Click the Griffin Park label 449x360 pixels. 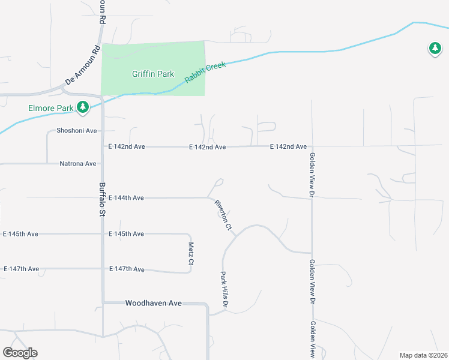pyautogui.click(x=153, y=74)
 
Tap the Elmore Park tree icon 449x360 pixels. pyautogui.click(x=83, y=107)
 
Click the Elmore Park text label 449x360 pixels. pyautogui.click(x=50, y=108)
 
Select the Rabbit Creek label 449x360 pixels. pyautogui.click(x=205, y=73)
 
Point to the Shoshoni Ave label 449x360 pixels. pyautogui.click(x=76, y=131)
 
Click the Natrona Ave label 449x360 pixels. pyautogui.click(x=78, y=163)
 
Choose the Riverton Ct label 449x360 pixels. pyautogui.click(x=223, y=215)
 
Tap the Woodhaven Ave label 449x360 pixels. pyautogui.click(x=153, y=304)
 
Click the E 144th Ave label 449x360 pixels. pyautogui.click(x=126, y=197)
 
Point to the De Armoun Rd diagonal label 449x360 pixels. pyautogui.click(x=81, y=65)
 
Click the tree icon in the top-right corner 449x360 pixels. pyautogui.click(x=435, y=48)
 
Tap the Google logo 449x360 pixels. pyautogui.click(x=20, y=353)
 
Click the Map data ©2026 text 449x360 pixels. pyautogui.click(x=424, y=355)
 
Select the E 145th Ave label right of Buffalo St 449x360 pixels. pyautogui.click(x=126, y=233)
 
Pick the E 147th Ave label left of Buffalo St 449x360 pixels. pyautogui.click(x=21, y=269)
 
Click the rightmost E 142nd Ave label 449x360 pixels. pyautogui.click(x=288, y=146)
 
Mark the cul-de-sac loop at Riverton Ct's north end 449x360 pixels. pyautogui.click(x=220, y=181)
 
